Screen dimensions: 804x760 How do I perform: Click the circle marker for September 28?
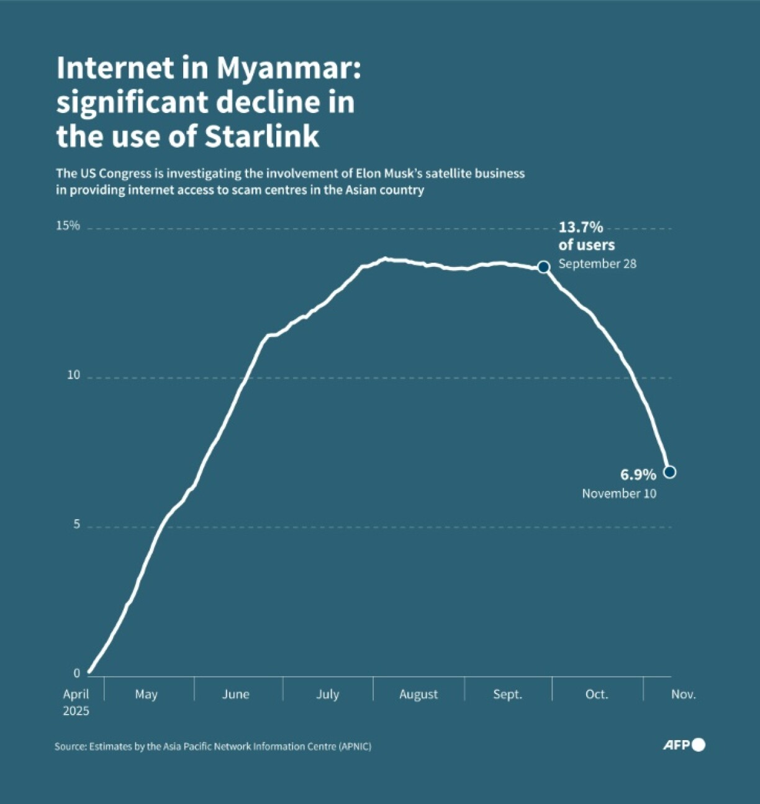[x=543, y=267]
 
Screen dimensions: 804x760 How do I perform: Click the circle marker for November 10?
[x=669, y=472]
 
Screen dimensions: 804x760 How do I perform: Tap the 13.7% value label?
[x=581, y=227]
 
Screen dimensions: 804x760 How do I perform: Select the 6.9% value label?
[x=638, y=475]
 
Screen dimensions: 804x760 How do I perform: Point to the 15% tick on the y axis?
[x=68, y=225]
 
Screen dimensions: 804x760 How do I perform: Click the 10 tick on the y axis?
[x=74, y=375]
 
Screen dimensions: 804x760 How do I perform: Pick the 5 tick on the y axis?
[x=77, y=525]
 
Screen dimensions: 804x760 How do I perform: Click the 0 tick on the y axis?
[x=77, y=674]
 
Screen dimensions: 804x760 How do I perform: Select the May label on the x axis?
[x=146, y=694]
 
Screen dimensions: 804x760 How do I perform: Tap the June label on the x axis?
[x=236, y=694]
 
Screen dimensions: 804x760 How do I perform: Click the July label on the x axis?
[x=327, y=694]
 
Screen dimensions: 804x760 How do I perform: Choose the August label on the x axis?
[x=418, y=694]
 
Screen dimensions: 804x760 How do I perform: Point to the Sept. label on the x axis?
[x=507, y=694]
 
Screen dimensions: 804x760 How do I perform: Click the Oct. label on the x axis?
[x=597, y=694]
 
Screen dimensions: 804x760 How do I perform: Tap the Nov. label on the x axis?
[x=683, y=694]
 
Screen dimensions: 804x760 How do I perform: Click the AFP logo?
[x=684, y=744]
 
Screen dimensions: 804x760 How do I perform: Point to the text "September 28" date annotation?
[x=597, y=264]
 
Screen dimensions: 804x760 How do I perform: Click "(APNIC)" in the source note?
[x=355, y=747]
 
